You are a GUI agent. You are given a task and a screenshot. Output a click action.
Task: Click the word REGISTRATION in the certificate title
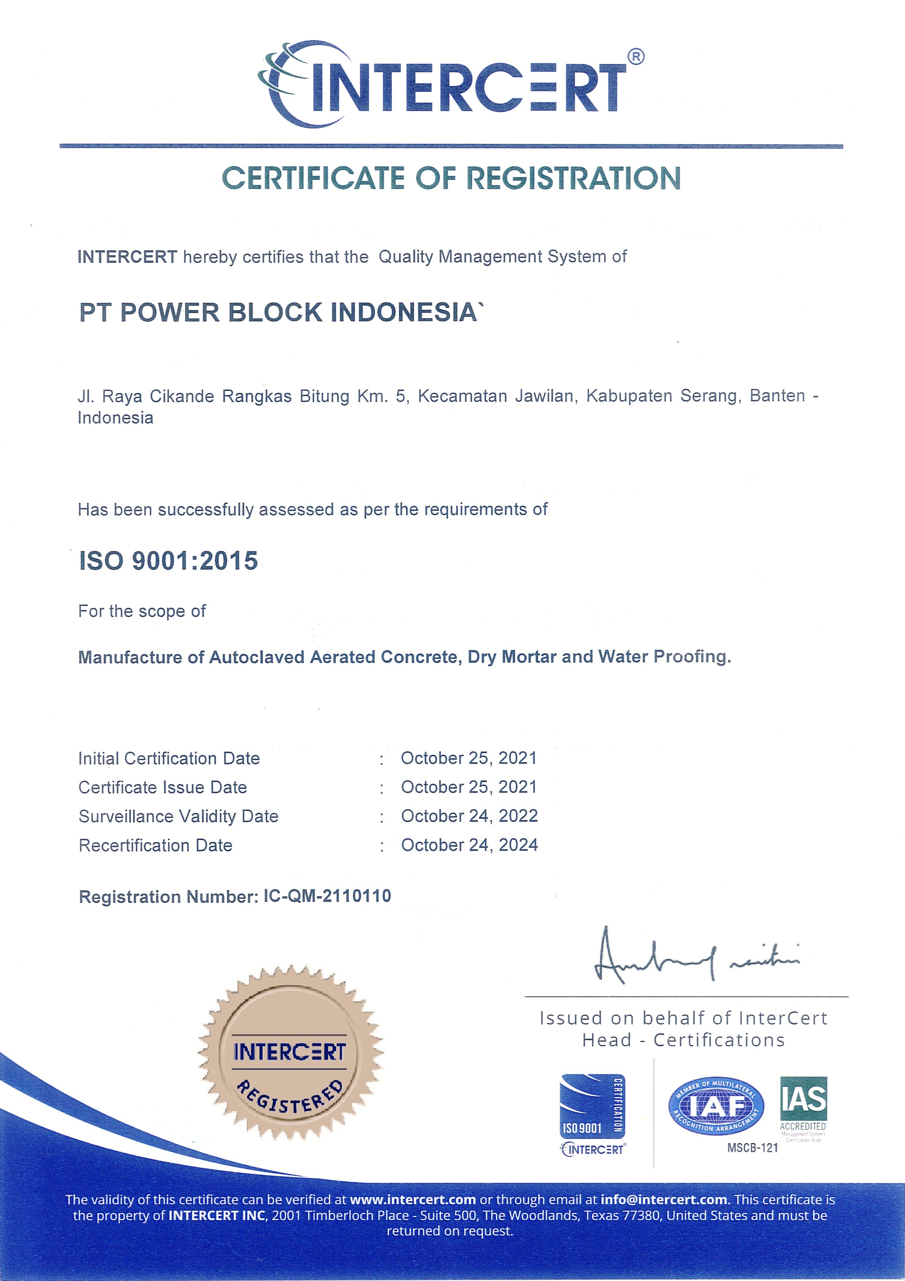(573, 179)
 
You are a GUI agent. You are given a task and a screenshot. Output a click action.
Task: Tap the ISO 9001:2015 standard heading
(168, 561)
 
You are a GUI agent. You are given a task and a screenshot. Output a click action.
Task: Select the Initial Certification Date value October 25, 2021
(469, 758)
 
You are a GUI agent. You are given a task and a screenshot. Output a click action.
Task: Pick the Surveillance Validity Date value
(469, 816)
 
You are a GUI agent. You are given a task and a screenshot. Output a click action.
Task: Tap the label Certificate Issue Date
(162, 787)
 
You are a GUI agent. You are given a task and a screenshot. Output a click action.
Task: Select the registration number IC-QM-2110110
(327, 896)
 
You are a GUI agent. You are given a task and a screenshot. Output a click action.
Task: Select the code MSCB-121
(752, 1148)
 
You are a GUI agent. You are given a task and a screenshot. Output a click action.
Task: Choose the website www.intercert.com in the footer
(413, 1200)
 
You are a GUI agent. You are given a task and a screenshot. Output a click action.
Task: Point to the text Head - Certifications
(683, 1040)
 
